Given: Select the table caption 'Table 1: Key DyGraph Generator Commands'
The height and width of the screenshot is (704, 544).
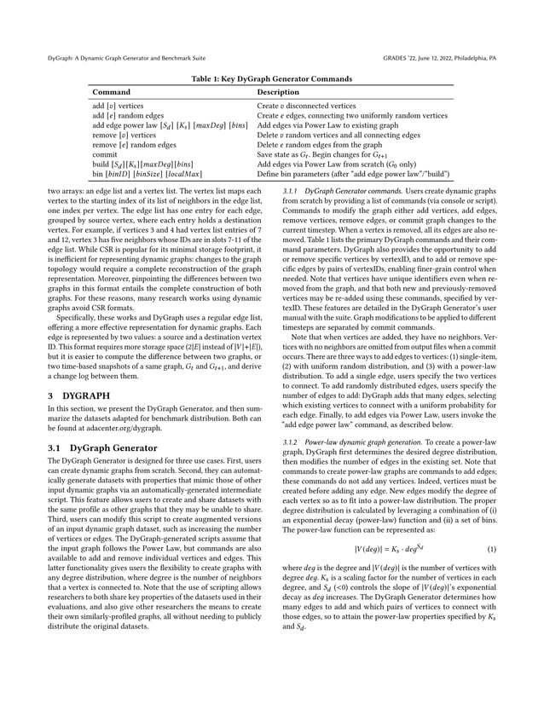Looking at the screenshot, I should pyautogui.click(x=272, y=76).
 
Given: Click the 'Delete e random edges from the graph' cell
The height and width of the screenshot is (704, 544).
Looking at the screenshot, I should pyautogui.click(x=321, y=145).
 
